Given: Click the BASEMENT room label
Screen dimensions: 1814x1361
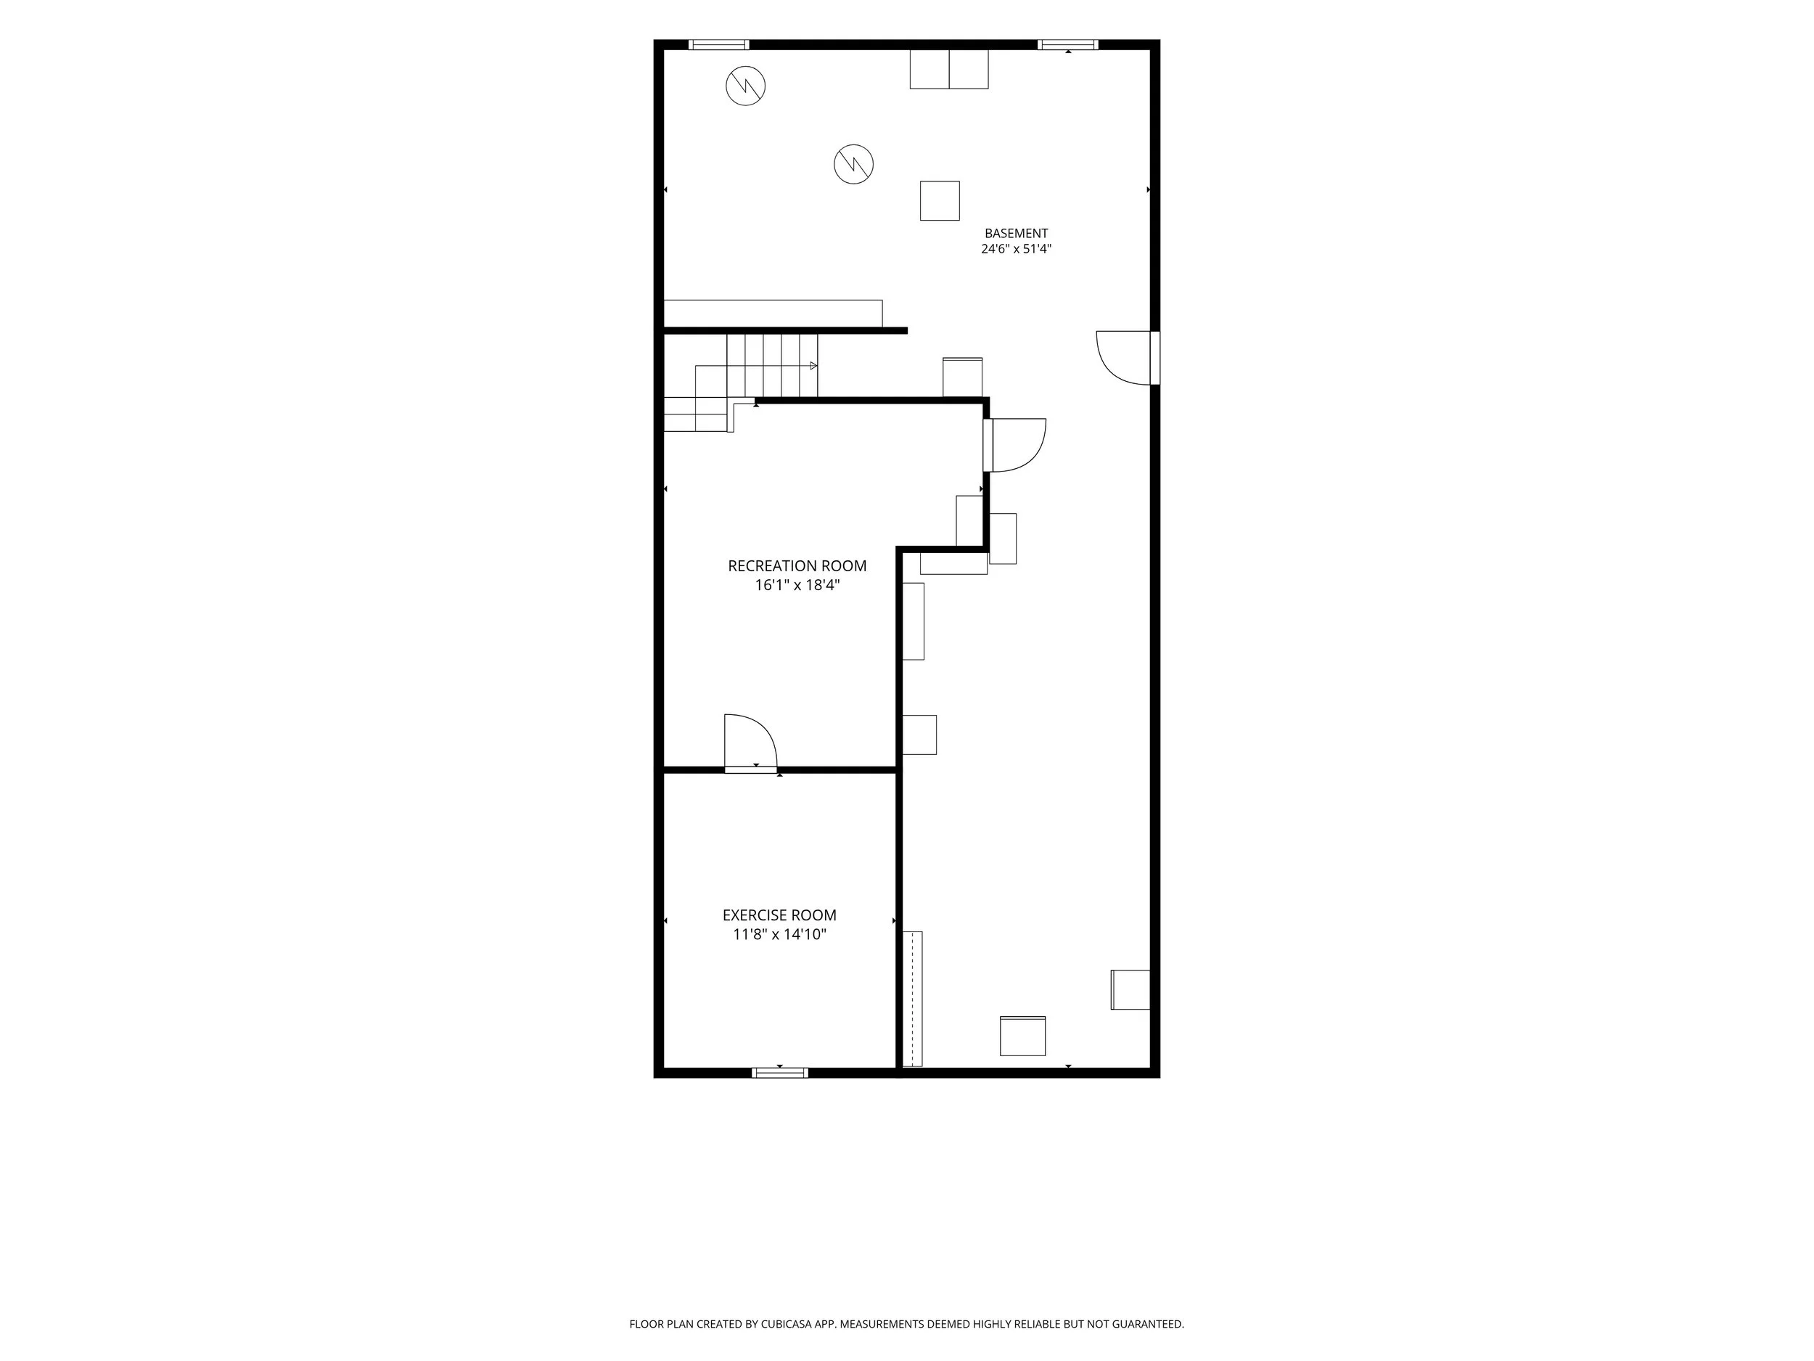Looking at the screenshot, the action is click(x=1016, y=234).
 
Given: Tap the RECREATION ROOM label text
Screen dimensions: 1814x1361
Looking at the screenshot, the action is click(x=797, y=566).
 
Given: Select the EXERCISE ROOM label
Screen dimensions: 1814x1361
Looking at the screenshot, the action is click(x=779, y=915).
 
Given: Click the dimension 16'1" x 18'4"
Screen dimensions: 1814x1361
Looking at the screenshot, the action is click(x=797, y=586).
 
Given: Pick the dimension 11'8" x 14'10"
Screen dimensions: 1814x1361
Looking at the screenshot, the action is click(x=779, y=935).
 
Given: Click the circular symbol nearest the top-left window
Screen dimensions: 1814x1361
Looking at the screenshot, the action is click(x=745, y=86).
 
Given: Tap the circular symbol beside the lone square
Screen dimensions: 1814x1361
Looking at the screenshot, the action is click(x=854, y=164).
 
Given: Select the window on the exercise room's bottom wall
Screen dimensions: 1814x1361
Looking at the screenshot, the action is click(x=780, y=1073).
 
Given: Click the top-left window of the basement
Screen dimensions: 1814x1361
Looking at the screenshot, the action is click(x=718, y=44).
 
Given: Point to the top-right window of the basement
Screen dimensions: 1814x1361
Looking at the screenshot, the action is click(x=1068, y=44).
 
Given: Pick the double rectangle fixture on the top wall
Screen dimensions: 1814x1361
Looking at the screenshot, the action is click(x=949, y=69).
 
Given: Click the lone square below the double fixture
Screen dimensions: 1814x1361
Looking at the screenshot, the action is click(x=940, y=201).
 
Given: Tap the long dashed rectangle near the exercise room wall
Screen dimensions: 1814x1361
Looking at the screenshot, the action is click(x=912, y=1000).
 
